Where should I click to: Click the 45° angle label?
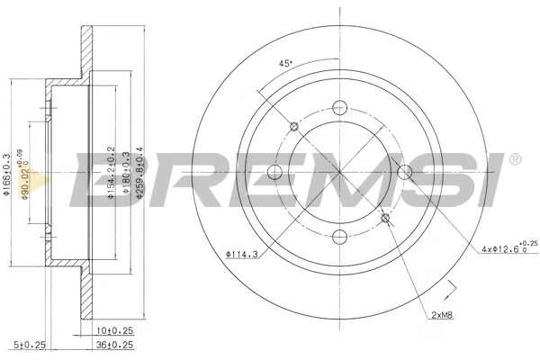click(x=285, y=64)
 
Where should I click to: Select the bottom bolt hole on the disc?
click(x=339, y=238)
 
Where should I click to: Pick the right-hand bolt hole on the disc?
click(x=407, y=170)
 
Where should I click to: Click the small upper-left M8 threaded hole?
click(x=293, y=124)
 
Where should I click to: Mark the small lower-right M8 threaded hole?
click(x=386, y=217)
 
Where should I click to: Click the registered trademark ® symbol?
click(x=514, y=160)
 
